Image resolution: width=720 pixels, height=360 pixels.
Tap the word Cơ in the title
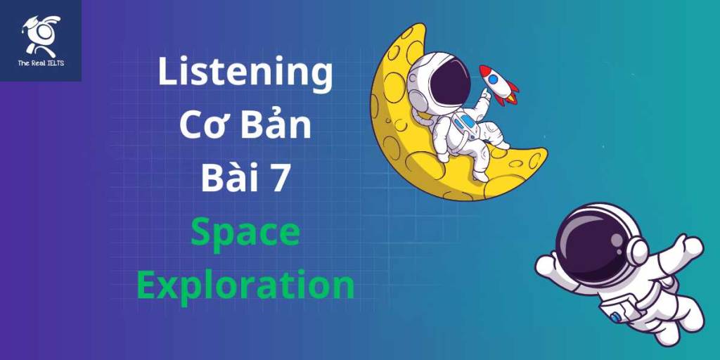coord(201,126)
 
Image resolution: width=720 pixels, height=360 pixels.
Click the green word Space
coord(245,233)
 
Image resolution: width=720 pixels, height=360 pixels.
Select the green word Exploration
coord(245,285)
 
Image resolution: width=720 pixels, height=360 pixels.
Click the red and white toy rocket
coord(499,84)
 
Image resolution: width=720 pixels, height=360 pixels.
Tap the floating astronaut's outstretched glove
coord(692,246)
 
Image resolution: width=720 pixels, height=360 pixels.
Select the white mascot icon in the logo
coord(41,35)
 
